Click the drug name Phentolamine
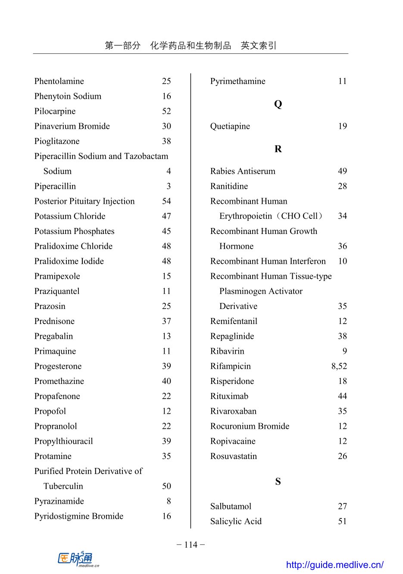[59, 81]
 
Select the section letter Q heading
[278, 104]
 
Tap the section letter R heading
[278, 149]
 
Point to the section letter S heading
[278, 482]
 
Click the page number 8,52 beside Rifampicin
[339, 366]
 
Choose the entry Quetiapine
[230, 126]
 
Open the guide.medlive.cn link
[334, 565]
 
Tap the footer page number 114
[191, 545]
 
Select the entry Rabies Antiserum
[243, 172]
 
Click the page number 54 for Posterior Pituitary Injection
[166, 201]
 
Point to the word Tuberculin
[63, 486]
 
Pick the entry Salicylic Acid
[236, 521]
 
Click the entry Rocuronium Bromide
[250, 426]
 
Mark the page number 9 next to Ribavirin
[344, 351]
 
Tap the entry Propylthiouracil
[63, 441]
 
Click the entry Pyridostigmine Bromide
[79, 516]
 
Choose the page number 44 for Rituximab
[342, 396]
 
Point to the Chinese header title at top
[191, 46]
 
